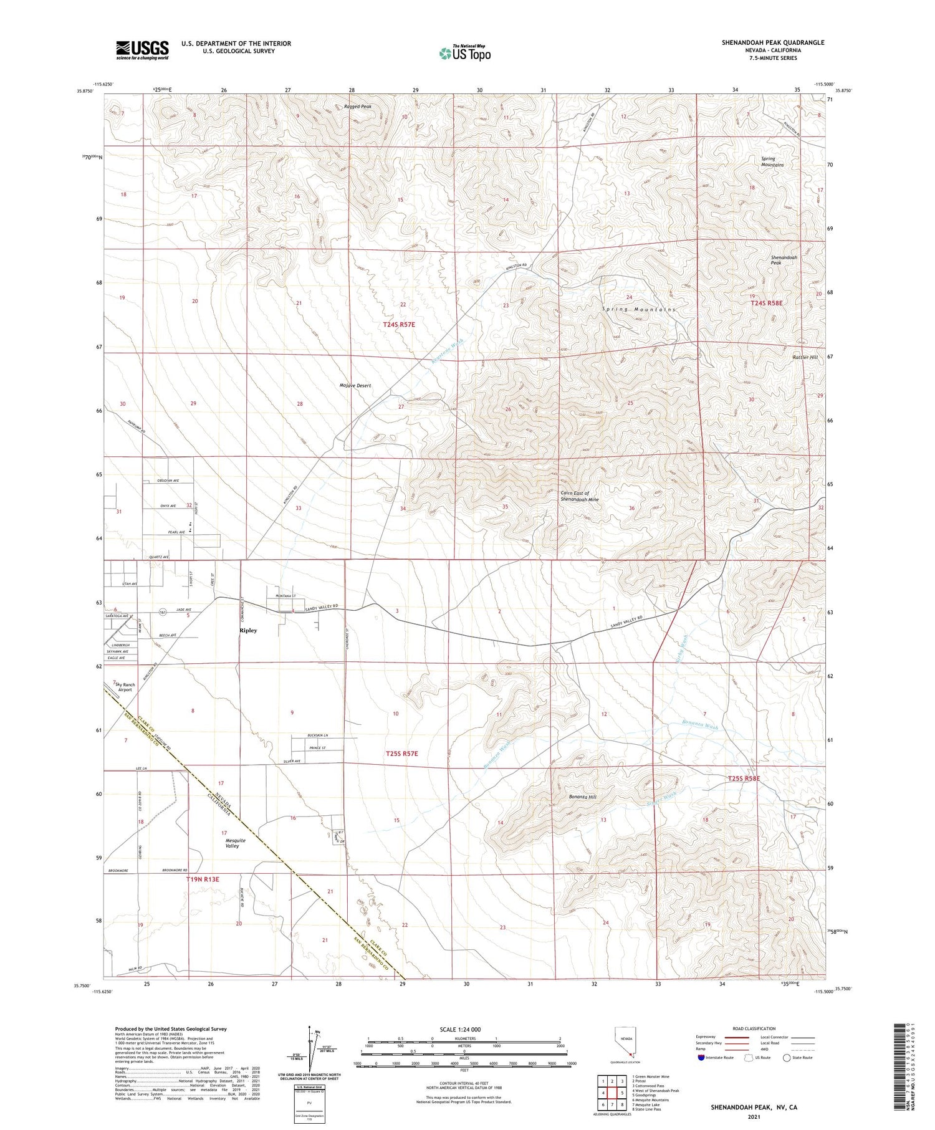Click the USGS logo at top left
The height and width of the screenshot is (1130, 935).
(x=142, y=50)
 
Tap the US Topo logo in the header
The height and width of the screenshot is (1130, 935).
(x=464, y=53)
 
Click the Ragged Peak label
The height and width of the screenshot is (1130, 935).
(x=357, y=107)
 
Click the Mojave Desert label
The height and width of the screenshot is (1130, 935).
(x=355, y=385)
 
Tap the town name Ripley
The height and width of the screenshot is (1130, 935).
(x=248, y=630)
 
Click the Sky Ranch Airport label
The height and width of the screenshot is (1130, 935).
(x=125, y=687)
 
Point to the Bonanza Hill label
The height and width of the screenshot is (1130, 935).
(x=582, y=797)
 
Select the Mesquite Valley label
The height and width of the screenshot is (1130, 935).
(x=235, y=843)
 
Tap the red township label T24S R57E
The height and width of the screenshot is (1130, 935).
(x=399, y=325)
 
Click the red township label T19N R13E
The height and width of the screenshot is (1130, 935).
(x=203, y=879)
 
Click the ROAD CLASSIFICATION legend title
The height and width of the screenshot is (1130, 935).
(x=754, y=1028)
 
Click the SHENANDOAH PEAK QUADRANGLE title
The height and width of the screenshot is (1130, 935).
(x=772, y=42)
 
